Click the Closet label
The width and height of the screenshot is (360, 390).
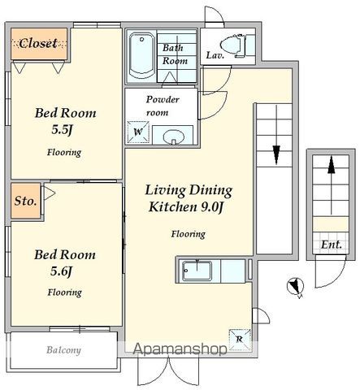pos(38,43)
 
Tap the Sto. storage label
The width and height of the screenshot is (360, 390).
pos(25,201)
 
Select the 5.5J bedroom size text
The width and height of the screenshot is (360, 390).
pos(63,130)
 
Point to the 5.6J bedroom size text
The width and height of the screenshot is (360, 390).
pos(62,271)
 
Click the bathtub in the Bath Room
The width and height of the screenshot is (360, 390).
pos(141,56)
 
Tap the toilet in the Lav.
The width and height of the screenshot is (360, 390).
pos(233,45)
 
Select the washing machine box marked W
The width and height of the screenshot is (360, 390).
pos(138,132)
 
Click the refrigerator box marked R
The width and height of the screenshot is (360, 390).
pos(240,340)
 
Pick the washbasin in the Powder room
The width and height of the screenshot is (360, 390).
pos(173,136)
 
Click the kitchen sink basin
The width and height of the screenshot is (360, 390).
pos(197,271)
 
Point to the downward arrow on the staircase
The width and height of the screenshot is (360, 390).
pos(276,135)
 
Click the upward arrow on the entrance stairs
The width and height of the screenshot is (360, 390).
pos(331,185)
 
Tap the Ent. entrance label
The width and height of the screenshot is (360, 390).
pos(331,245)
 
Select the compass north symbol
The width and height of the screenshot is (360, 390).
pos(295,287)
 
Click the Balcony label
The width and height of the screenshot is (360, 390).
pos(63,350)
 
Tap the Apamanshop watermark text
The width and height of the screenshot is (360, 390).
pos(180,349)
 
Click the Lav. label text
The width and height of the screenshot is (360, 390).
pos(215,55)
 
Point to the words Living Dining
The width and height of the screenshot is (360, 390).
pos(189,191)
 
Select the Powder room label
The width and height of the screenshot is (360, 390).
pos(162,106)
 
